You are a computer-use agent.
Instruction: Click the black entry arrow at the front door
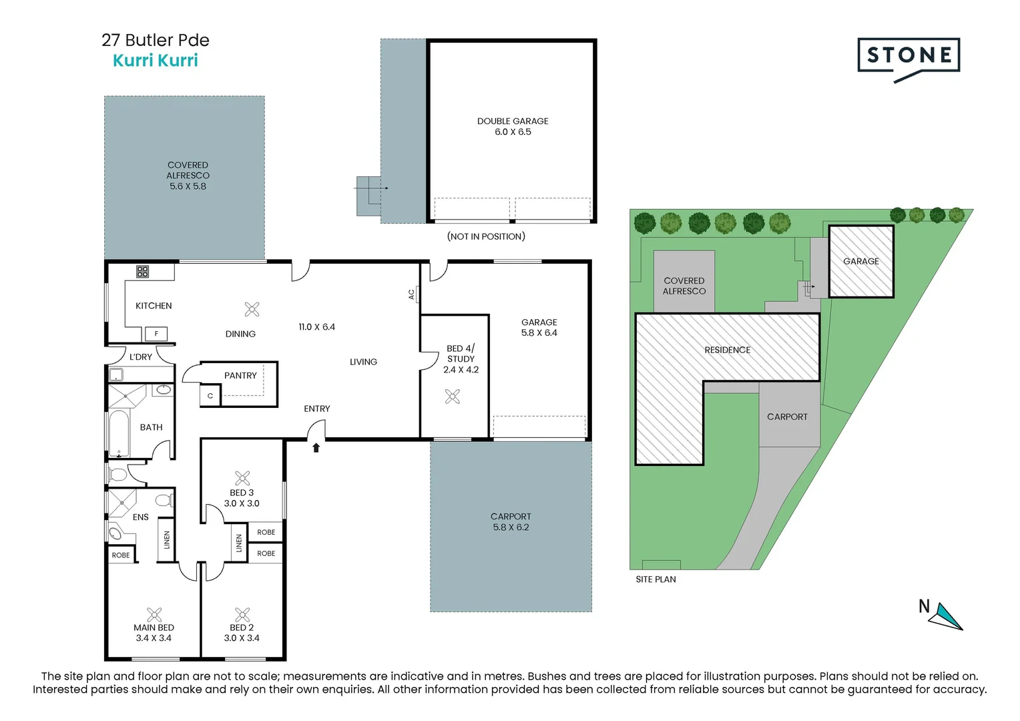tap(316, 448)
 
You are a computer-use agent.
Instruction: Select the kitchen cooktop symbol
tap(143, 272)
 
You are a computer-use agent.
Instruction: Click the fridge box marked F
tap(156, 334)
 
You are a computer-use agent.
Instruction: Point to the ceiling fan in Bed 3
tap(242, 478)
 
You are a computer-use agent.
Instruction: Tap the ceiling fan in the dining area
tap(252, 309)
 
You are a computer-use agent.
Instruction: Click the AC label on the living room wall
tap(412, 294)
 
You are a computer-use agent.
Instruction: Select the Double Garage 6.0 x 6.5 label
tap(513, 127)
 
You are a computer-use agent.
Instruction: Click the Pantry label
tap(240, 375)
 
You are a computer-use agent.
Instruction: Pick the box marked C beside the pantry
tap(210, 395)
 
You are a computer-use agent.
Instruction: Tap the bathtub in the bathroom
tap(119, 434)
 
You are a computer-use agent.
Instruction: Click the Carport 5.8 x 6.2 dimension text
tap(511, 527)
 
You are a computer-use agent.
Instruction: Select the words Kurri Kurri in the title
tap(156, 61)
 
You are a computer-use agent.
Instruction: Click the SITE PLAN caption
tap(656, 579)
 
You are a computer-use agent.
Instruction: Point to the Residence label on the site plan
tap(727, 350)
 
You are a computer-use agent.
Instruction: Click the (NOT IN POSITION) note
tap(486, 236)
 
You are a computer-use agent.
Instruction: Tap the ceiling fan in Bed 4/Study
tap(453, 397)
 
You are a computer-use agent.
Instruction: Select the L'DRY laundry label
tap(140, 356)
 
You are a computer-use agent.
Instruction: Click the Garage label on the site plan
tap(861, 261)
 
